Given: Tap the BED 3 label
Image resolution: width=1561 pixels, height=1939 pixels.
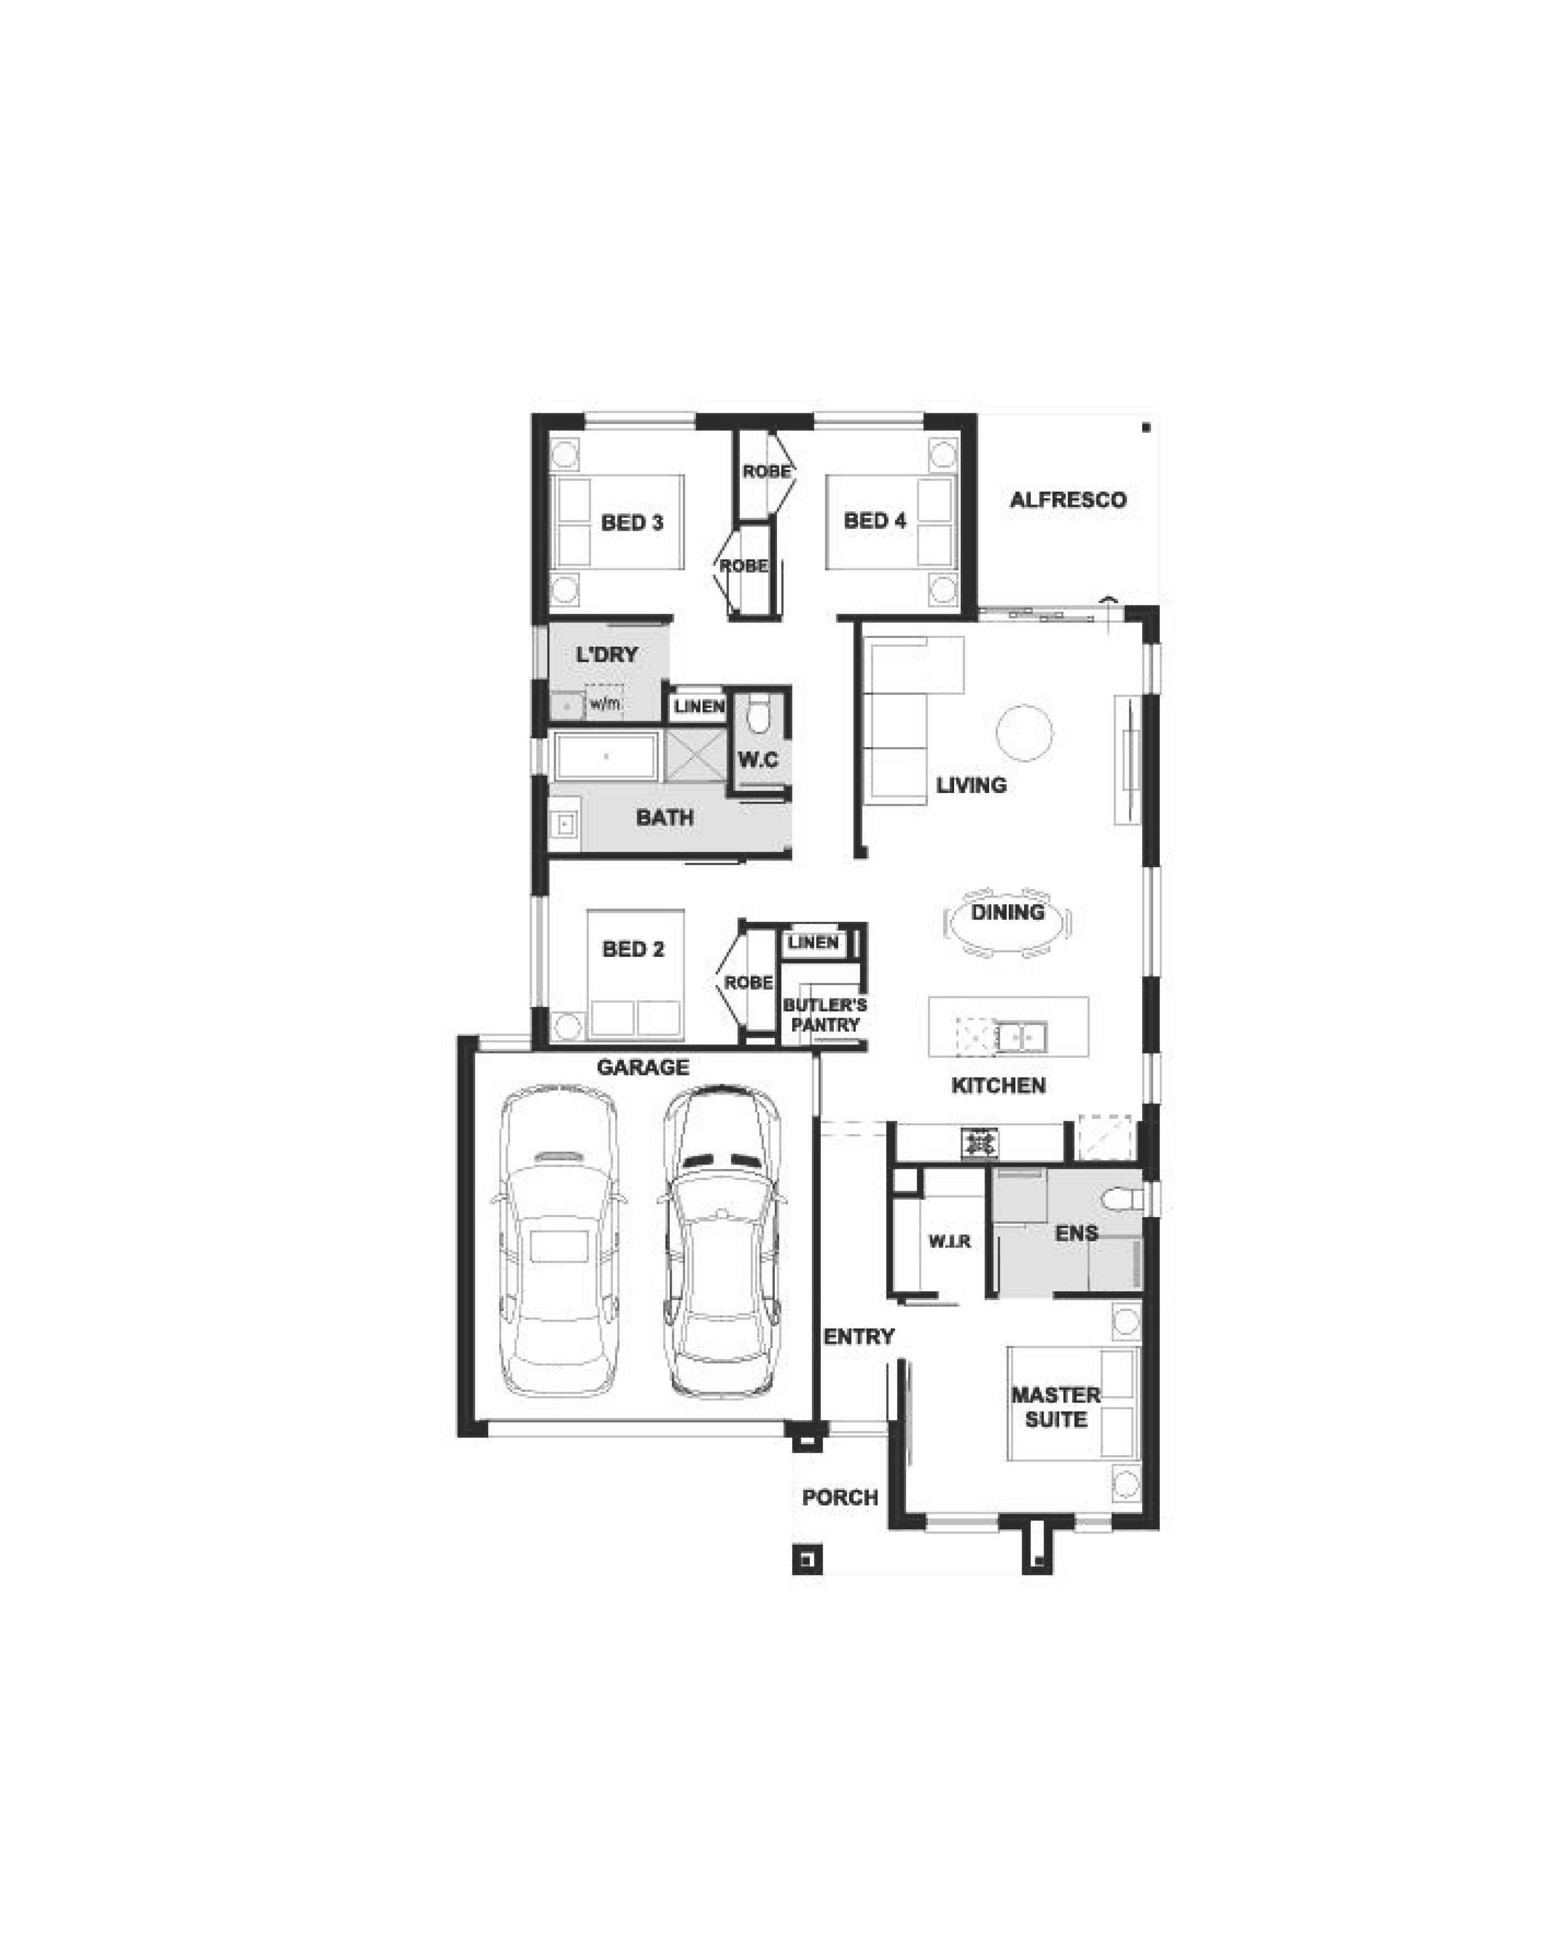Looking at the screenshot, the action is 632,522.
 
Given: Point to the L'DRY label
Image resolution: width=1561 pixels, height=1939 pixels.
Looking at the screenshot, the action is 607,655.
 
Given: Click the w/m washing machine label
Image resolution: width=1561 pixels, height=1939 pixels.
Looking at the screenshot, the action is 605,703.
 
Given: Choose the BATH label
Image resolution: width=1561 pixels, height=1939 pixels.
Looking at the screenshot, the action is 665,818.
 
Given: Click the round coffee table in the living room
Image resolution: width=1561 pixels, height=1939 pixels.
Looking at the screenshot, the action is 1024,733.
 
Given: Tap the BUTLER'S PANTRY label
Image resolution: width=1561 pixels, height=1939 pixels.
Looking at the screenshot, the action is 825,1015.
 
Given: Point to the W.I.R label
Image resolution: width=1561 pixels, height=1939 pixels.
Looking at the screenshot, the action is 949,1242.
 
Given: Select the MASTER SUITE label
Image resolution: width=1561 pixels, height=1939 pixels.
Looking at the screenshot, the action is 1056,1407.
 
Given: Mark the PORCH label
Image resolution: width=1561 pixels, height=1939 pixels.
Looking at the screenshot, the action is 840,1497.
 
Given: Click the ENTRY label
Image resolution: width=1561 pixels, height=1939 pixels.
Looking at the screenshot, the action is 859,1337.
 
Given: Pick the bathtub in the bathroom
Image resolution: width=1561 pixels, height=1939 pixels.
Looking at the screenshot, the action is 606,756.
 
